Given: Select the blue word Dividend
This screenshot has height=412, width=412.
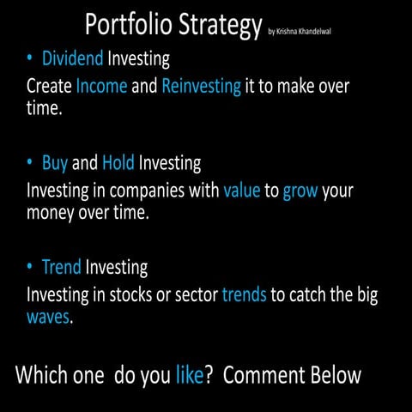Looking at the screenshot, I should tap(73, 59).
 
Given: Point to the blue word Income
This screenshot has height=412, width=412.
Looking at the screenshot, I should tap(102, 87).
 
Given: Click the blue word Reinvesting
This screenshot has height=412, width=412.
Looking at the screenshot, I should tap(201, 88).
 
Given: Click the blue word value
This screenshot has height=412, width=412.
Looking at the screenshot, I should tap(242, 190).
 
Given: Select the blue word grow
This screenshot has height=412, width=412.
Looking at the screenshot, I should tap(300, 191).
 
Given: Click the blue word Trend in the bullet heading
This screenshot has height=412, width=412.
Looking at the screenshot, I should tap(61, 267).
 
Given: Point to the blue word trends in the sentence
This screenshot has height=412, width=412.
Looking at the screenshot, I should tap(244, 295).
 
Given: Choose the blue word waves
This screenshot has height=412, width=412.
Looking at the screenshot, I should tap(47, 318).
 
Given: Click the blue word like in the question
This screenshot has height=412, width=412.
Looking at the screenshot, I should tap(189, 375).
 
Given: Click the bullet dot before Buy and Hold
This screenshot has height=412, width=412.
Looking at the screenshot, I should tap(30, 162).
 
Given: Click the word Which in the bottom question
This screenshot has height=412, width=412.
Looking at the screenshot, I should tap(44, 375).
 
